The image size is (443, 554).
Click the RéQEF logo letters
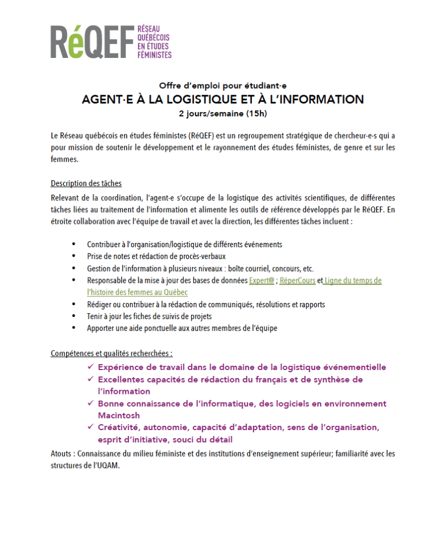[x=92, y=42]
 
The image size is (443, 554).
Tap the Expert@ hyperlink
[x=261, y=281]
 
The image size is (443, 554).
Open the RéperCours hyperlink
[x=297, y=281]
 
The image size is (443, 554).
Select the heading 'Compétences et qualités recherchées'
[x=112, y=353]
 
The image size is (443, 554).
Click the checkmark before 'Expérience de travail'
[x=90, y=367]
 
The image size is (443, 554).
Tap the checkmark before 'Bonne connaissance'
[x=90, y=403]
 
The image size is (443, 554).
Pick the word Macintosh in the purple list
[x=119, y=415]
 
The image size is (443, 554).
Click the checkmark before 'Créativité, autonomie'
[x=90, y=427]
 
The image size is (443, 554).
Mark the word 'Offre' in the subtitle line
[x=171, y=85]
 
